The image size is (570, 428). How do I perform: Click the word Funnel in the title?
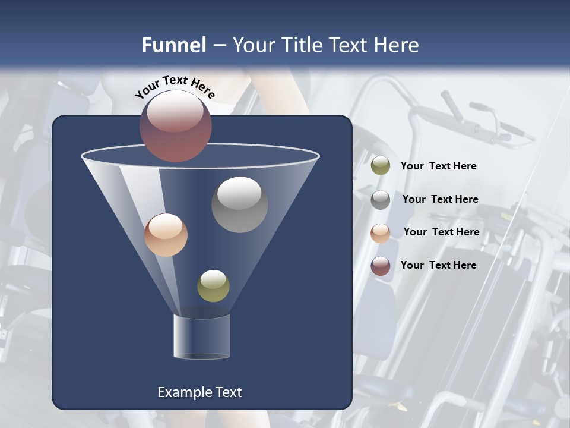(173, 45)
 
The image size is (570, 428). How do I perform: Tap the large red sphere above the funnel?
(175, 126)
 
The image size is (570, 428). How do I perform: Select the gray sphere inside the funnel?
(239, 205)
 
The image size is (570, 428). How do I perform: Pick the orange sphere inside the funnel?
(166, 235)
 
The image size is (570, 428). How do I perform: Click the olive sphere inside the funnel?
(213, 286)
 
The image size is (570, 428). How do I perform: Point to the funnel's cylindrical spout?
(201, 336)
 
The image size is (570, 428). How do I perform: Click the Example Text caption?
(199, 392)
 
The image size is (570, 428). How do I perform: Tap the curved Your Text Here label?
(175, 87)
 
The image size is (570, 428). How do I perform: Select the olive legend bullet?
(381, 166)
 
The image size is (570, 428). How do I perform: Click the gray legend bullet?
(381, 200)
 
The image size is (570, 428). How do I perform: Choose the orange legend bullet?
(381, 233)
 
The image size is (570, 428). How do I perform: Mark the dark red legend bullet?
(381, 266)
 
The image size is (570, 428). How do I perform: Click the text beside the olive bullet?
(438, 166)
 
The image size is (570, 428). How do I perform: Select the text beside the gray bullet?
(440, 199)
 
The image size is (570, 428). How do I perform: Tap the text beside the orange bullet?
(441, 232)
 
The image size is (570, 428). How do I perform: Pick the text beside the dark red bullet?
(438, 265)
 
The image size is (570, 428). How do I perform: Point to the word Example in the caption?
(183, 392)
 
